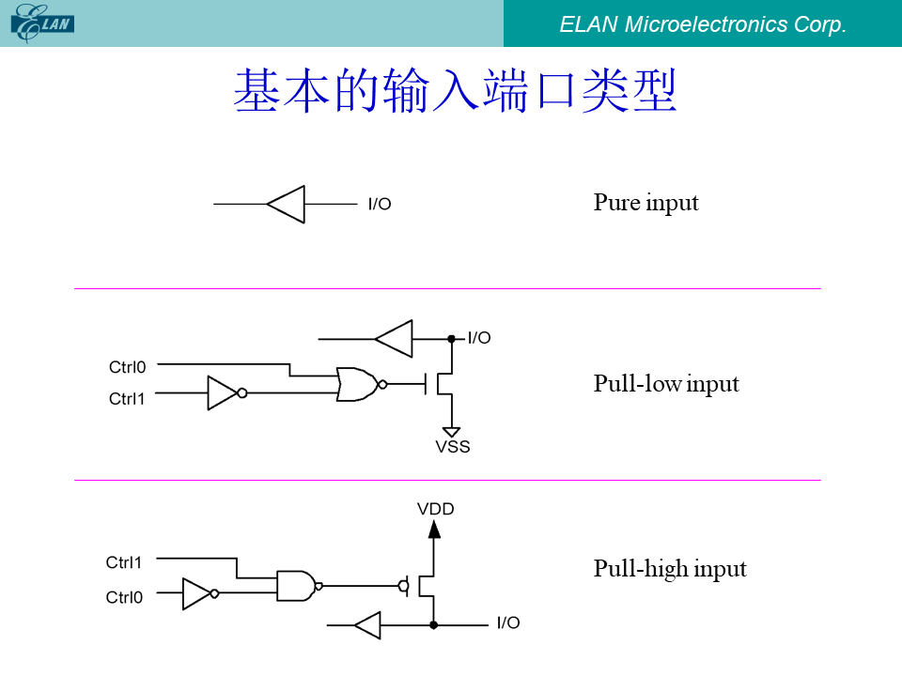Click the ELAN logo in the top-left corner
point(42,23)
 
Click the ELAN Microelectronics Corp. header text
point(703,24)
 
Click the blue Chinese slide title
point(455,90)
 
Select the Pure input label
point(646,203)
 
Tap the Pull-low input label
point(666,384)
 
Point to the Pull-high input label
point(670,569)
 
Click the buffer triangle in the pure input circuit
point(286,204)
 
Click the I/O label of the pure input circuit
point(380,204)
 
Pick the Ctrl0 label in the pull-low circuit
point(127,367)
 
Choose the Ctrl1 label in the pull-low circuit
point(127,399)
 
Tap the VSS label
point(453,447)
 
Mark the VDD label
point(435,509)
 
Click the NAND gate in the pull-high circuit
point(299,586)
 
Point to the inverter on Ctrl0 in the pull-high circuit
point(200,593)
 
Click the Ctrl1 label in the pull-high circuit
point(124,562)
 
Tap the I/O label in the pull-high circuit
point(508,622)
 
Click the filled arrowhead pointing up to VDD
point(434,529)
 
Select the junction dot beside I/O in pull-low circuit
point(452,339)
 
